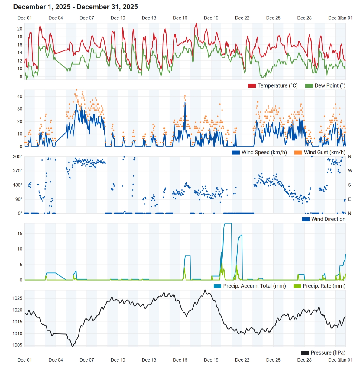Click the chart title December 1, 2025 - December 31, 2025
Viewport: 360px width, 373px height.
[75, 7]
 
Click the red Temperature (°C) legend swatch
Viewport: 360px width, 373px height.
[252, 86]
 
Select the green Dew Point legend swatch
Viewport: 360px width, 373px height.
[309, 86]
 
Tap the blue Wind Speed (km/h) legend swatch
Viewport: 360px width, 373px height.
[236, 153]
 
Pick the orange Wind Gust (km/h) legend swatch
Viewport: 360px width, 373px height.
[298, 153]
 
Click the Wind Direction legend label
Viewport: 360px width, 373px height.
[328, 219]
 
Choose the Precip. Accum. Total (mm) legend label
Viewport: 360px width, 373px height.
[254, 286]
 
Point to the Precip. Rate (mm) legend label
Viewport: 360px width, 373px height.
[324, 286]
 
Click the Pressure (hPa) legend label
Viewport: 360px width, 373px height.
[328, 353]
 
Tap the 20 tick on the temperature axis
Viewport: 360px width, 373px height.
[20, 29]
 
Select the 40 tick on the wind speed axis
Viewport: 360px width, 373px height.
[20, 96]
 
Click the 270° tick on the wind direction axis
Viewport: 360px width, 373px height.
[18, 171]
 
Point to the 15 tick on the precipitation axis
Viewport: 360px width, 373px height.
[20, 233]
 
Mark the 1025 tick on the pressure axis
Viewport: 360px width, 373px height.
[17, 298]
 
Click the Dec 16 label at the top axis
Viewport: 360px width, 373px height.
[180, 18]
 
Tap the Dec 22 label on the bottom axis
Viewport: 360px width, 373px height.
[242, 360]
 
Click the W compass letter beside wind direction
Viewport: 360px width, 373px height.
[350, 171]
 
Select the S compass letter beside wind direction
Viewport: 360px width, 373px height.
[349, 185]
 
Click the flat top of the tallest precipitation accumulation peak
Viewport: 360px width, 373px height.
[228, 223]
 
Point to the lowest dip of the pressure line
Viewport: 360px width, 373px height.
[72, 347]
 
